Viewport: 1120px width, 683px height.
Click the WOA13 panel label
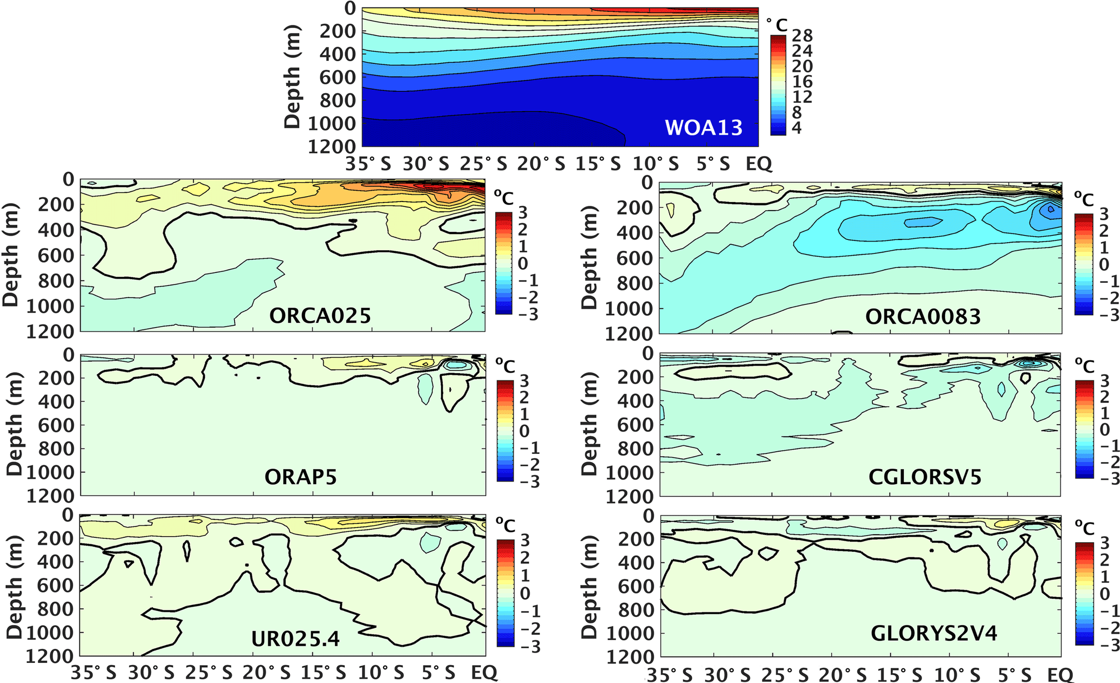pos(703,127)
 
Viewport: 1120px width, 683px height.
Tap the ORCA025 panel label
pos(320,315)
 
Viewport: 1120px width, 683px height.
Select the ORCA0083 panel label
pos(923,316)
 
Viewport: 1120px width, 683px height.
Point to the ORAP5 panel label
pos(300,477)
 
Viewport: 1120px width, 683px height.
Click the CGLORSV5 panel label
pos(924,477)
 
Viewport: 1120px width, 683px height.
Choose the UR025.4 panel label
pos(295,639)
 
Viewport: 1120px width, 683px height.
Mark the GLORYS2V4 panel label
pos(934,633)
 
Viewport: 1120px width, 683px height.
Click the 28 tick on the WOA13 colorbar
pos(802,36)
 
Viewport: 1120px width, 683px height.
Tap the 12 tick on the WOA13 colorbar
pos(802,97)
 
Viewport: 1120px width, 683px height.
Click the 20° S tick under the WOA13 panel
pos(541,164)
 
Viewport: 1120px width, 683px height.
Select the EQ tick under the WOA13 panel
pos(759,164)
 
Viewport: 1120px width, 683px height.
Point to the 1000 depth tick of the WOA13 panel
pos(331,123)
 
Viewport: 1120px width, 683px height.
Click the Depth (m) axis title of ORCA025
pos(10,255)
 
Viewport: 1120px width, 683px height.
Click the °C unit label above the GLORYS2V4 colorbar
pos(1084,528)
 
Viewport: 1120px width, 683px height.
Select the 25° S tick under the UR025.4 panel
pos(209,673)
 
